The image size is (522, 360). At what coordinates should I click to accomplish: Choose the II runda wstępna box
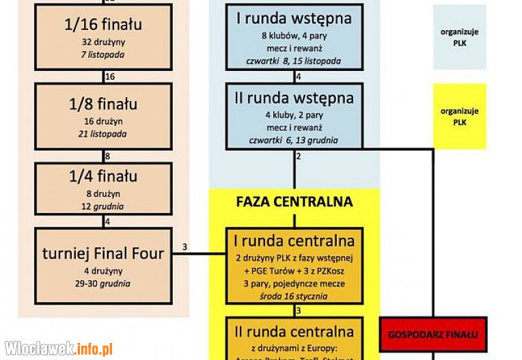294,115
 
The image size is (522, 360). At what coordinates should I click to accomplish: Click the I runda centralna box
294,266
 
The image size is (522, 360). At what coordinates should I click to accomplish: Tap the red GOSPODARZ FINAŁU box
432,335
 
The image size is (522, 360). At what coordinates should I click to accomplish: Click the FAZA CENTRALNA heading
294,202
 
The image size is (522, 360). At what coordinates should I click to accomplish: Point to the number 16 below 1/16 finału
110,76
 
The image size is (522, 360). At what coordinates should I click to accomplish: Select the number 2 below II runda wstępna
299,156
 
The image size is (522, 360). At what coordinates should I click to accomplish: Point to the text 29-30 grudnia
103,283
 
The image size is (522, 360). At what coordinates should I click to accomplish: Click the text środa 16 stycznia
294,296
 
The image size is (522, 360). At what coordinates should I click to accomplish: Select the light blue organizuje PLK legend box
459,38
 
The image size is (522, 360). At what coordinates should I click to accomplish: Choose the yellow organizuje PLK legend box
459,116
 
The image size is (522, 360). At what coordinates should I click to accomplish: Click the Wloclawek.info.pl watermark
58,348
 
